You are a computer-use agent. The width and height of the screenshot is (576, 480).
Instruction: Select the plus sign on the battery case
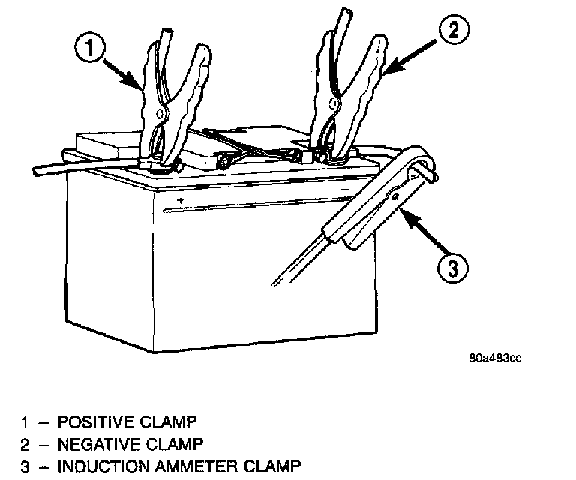coord(181,201)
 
